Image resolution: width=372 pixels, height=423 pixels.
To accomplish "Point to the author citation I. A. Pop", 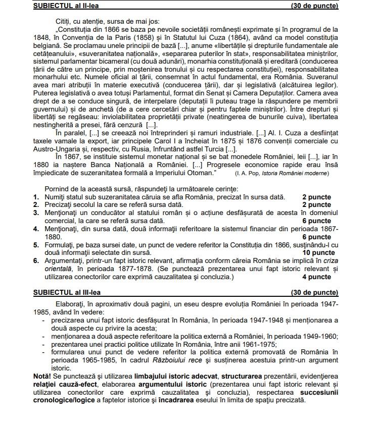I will click(x=248, y=174).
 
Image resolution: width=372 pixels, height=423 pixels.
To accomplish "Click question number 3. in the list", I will click(x=36, y=213).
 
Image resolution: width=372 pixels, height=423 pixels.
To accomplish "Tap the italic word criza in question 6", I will click(x=331, y=260).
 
